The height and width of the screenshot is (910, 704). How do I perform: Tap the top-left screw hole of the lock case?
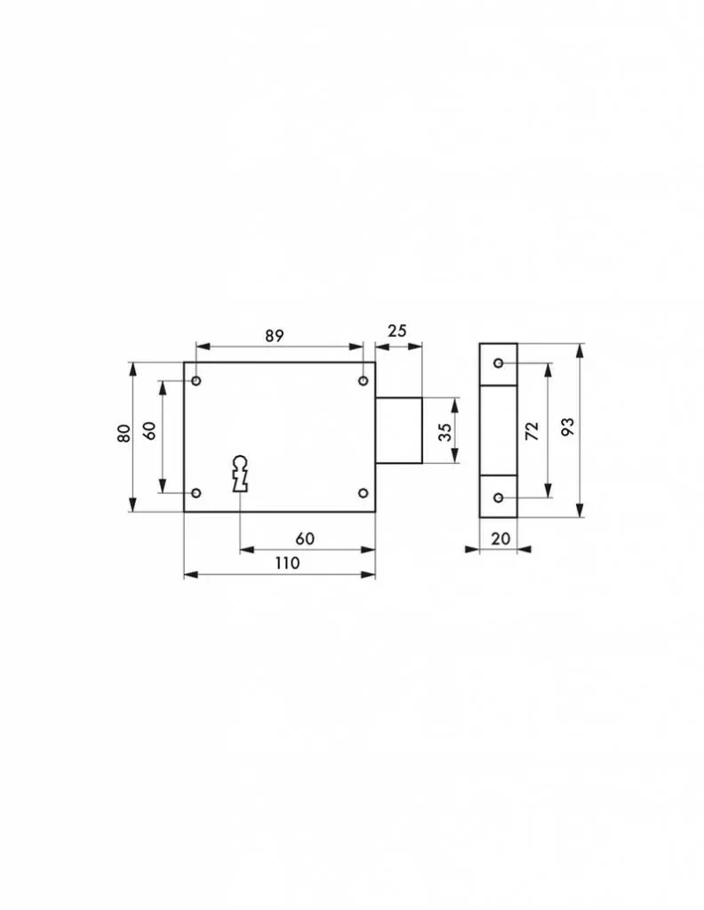pyautogui.click(x=196, y=380)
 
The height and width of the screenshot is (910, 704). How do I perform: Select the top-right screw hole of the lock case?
pyautogui.click(x=363, y=380)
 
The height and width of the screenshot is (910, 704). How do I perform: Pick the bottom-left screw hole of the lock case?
pyautogui.click(x=196, y=492)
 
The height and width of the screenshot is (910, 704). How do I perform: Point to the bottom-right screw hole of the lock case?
pyautogui.click(x=363, y=492)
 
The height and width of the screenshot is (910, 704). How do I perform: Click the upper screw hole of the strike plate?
pyautogui.click(x=498, y=363)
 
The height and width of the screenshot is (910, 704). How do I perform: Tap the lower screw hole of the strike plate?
pyautogui.click(x=498, y=498)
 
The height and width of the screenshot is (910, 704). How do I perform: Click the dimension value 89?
pyautogui.click(x=275, y=335)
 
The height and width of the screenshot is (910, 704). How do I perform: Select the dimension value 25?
pyautogui.click(x=397, y=331)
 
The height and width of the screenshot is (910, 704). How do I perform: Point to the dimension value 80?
pyautogui.click(x=124, y=434)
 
